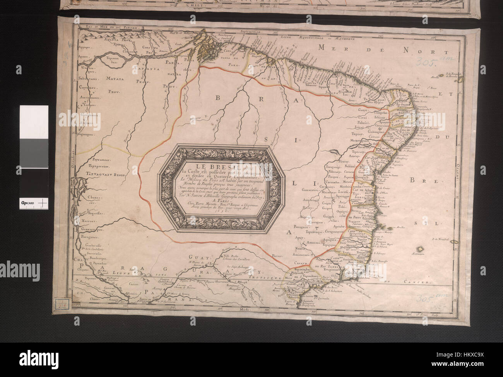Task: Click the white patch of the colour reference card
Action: coord(34,122)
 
